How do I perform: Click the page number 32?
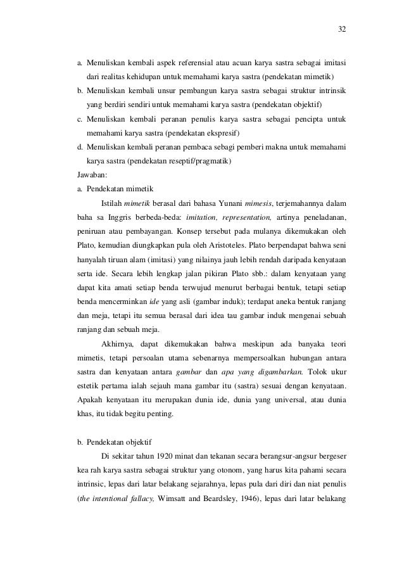(x=342, y=30)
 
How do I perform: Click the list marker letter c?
(x=79, y=118)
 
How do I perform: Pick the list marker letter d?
(x=79, y=147)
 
